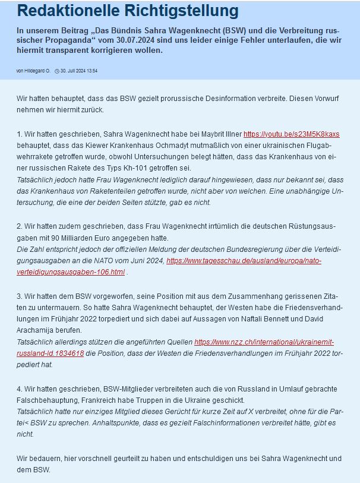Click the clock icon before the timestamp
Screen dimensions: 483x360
tap(56, 71)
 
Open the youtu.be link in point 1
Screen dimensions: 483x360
tap(291, 134)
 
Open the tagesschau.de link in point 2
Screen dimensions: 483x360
tap(244, 261)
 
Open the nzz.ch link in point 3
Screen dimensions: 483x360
tap(264, 342)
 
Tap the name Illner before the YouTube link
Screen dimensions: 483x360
tap(231, 134)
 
